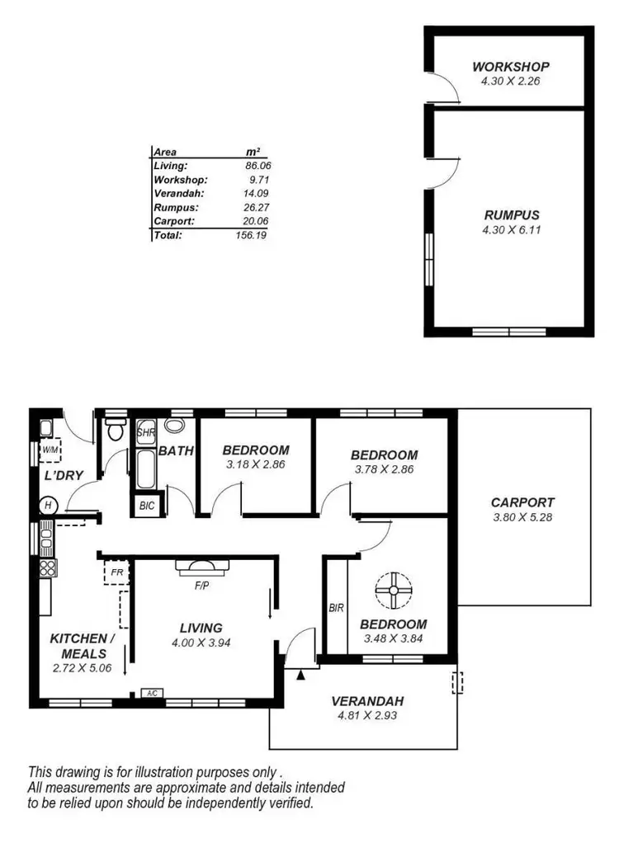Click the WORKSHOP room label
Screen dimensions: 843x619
pos(510,67)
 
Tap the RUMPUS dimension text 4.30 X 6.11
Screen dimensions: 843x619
pos(510,230)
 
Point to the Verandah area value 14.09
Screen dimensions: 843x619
pos(258,193)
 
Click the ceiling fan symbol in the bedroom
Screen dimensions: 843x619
pos(393,591)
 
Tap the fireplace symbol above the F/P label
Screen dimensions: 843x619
pos(201,566)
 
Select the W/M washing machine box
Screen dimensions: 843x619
pos(50,450)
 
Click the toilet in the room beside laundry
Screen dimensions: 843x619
pos(115,430)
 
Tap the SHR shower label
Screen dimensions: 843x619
pos(146,432)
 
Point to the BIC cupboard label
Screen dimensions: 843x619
pos(147,505)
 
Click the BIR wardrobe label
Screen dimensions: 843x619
pos(335,609)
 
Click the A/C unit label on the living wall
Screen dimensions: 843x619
pos(152,694)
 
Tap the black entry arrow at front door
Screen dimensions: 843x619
pos(301,676)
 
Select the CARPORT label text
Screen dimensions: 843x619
pos(522,502)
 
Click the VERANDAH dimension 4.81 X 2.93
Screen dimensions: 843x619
pos(367,715)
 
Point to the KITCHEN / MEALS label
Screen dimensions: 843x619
pos(78,646)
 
